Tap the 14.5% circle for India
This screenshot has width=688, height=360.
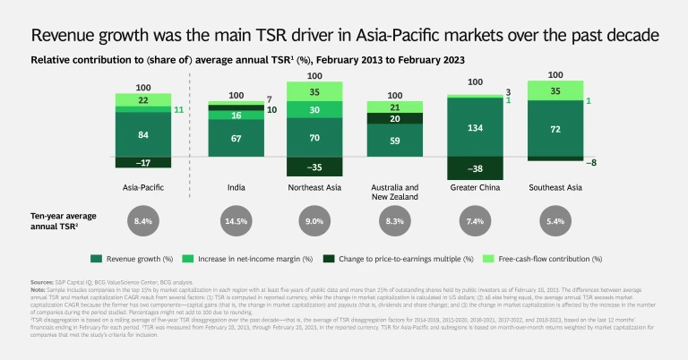pos(237,220)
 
